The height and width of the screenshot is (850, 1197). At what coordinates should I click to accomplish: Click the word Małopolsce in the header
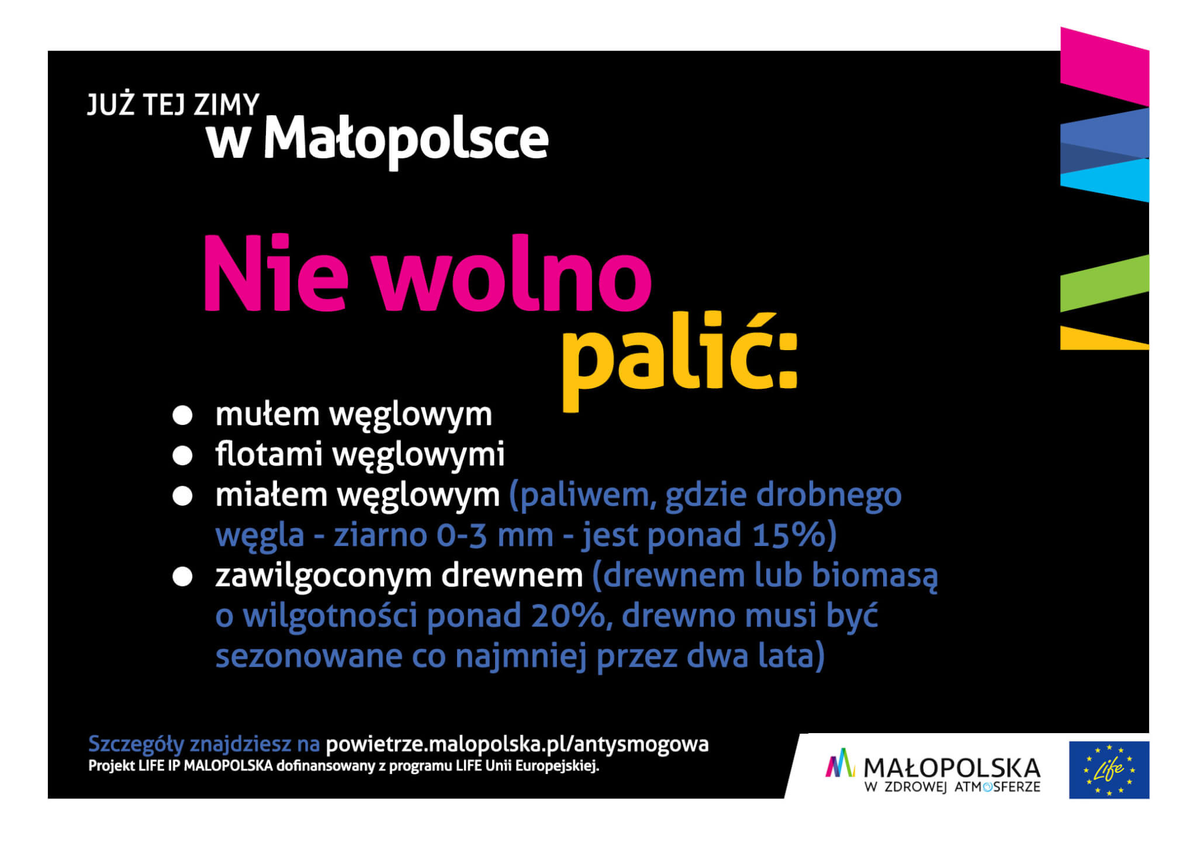pos(406,139)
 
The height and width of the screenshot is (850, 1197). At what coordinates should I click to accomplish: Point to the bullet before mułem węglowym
pos(182,416)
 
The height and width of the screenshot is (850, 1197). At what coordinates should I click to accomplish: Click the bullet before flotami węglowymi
pos(182,456)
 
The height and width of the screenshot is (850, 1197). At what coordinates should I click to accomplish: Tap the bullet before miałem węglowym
pos(182,496)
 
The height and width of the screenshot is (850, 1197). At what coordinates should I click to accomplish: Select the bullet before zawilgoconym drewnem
pos(182,577)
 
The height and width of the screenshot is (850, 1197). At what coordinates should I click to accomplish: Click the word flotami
pos(269,454)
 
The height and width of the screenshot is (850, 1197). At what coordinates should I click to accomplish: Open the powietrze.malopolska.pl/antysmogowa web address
pos(517,745)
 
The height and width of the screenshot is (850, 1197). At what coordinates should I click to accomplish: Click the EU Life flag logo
pos(1109,770)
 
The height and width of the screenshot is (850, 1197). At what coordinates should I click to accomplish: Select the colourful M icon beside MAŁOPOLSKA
pos(839,763)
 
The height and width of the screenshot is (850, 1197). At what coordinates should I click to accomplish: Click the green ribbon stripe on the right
pos(1105,283)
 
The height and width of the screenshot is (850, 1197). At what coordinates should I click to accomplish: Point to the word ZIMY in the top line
pos(226,105)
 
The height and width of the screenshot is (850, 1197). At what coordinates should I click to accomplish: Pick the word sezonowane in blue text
pos(308,656)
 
